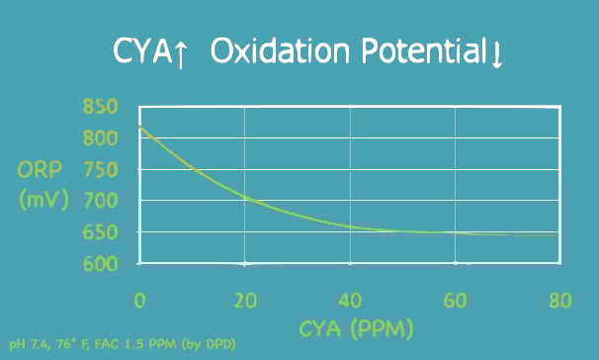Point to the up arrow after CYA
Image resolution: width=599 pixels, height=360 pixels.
182,52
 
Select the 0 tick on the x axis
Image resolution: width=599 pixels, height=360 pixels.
139,299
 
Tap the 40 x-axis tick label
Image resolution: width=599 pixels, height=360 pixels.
350,299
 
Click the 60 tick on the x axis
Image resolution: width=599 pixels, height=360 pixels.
455,299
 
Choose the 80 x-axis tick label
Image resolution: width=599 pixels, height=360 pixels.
560,299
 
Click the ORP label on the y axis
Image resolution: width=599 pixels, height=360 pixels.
43,169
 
